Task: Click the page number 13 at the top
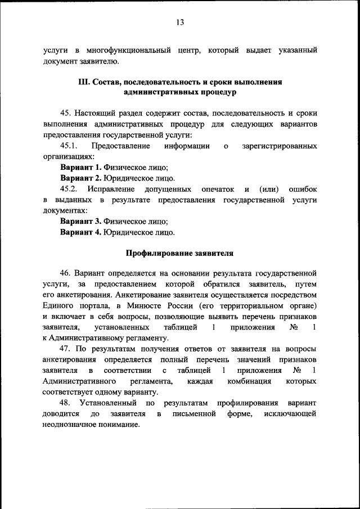[180, 22]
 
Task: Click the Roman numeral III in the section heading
[84, 82]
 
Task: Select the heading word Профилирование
[159, 253]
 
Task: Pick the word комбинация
[247, 381]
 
